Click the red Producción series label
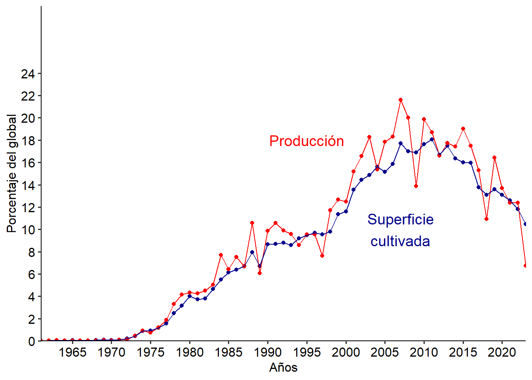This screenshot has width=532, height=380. [306, 141]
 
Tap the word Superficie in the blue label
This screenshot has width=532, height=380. [400, 219]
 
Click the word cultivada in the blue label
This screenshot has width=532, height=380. [400, 241]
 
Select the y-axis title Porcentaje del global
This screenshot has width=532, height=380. [12, 173]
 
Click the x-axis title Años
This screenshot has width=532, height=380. [283, 367]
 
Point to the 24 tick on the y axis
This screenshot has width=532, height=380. [28, 74]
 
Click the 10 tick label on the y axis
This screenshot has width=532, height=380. [28, 230]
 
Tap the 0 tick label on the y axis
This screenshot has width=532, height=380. [32, 341]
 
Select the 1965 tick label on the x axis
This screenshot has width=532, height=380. [72, 352]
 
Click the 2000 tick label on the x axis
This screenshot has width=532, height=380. [346, 352]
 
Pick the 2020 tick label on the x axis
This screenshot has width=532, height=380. [502, 352]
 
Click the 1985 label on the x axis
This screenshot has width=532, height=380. [229, 352]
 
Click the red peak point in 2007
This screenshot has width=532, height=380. [401, 100]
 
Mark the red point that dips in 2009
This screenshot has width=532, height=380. [416, 186]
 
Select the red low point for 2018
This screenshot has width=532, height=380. [486, 219]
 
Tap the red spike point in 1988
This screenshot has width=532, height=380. [252, 223]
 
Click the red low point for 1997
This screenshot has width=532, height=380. [322, 256]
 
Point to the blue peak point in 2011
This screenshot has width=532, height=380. [432, 139]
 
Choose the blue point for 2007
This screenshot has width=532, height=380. [401, 143]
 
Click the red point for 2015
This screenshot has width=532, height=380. [463, 129]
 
